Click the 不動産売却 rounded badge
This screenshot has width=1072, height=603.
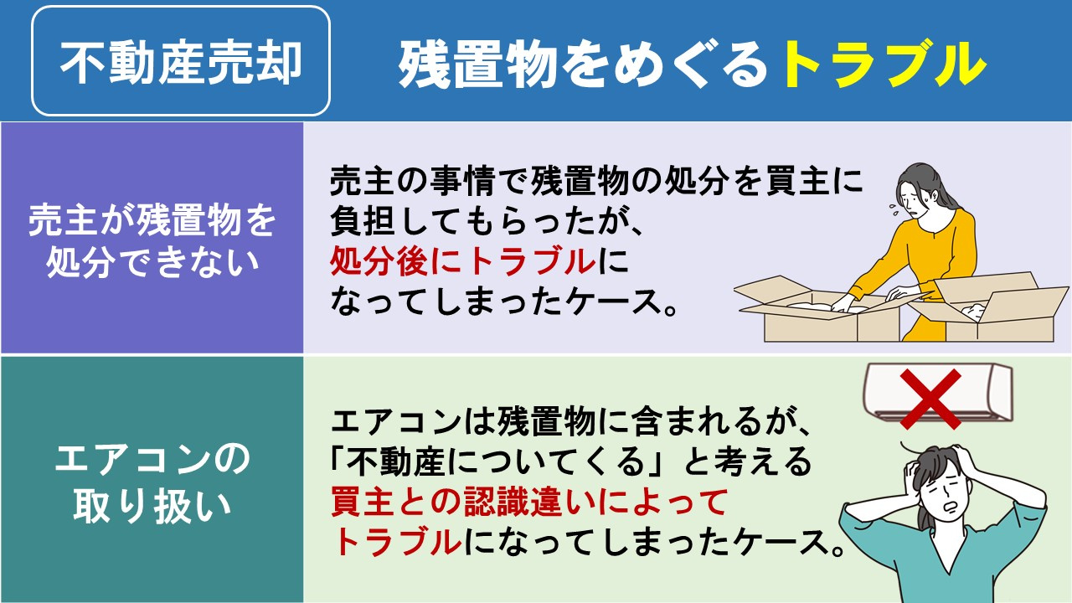pyautogui.click(x=180, y=61)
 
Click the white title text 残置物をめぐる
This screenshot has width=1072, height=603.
pyautogui.click(x=583, y=64)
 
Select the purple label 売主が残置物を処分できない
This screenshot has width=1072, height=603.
pyautogui.click(x=152, y=238)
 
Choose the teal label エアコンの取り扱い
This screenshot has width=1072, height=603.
pyautogui.click(x=152, y=482)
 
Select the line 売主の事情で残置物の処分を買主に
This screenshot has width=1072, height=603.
pyautogui.click(x=595, y=182)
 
